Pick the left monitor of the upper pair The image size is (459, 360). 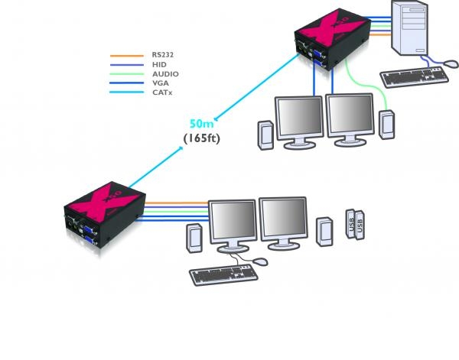click(299, 118)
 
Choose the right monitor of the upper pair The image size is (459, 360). click(350, 116)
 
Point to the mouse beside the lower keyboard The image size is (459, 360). click(261, 261)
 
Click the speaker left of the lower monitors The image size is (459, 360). click(193, 238)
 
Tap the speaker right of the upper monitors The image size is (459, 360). click(386, 126)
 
